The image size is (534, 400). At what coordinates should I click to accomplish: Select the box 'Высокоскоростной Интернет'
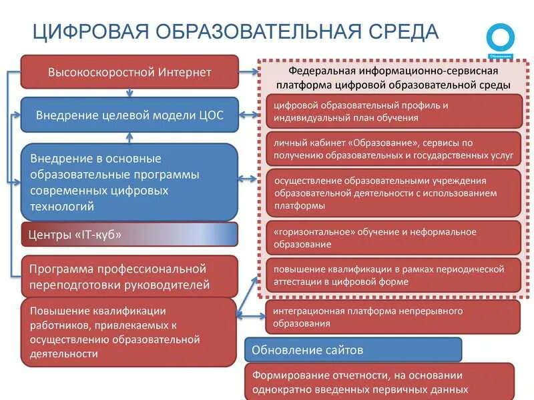tap(129, 72)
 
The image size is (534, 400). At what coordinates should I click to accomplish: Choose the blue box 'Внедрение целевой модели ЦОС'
tap(129, 115)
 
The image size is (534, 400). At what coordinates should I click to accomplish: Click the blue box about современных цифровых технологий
tap(129, 182)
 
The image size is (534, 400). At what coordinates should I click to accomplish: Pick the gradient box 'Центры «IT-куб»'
tap(129, 235)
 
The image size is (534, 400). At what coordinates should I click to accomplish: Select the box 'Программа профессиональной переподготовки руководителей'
tap(129, 277)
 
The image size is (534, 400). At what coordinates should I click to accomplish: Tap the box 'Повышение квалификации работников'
tap(129, 332)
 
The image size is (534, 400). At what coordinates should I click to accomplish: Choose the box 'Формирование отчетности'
tap(379, 382)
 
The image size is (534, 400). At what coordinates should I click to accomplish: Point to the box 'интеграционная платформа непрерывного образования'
tap(392, 317)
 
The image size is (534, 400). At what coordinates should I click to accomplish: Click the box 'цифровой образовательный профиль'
tap(394, 111)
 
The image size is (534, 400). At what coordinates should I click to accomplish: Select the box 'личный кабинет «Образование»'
tap(394, 149)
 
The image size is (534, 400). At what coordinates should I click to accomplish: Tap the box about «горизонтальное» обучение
tap(394, 238)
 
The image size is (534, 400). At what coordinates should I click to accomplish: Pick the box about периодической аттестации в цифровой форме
tap(394, 275)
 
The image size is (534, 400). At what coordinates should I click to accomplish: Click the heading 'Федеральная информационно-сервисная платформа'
tap(393, 77)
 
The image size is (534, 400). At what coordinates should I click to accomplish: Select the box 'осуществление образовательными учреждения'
tap(394, 193)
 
